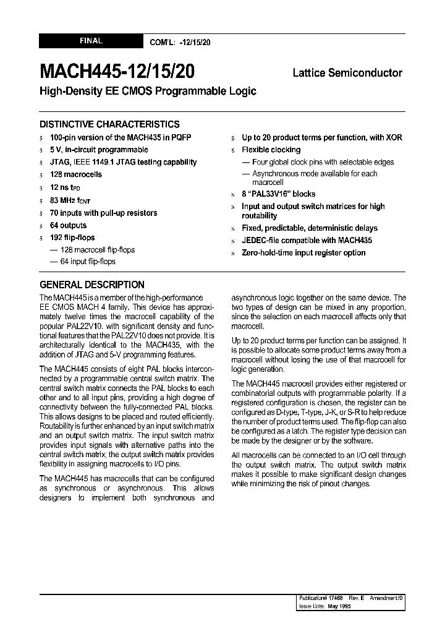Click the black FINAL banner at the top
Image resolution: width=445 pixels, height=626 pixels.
[91, 41]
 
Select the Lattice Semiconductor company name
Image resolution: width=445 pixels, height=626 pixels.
[347, 73]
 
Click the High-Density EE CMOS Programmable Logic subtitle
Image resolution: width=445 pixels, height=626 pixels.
[148, 91]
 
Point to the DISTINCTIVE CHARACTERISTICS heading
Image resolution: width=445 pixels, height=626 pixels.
[109, 124]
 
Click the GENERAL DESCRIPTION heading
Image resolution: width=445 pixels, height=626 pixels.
[92, 285]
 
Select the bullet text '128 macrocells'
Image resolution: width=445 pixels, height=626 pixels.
[75, 175]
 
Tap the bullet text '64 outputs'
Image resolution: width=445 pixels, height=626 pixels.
[68, 225]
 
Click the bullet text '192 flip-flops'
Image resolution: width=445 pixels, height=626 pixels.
[72, 238]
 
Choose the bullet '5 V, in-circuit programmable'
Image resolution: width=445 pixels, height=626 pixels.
[99, 150]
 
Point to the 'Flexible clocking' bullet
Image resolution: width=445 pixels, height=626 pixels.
[271, 150]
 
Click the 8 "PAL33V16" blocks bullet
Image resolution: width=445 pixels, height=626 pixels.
[278, 194]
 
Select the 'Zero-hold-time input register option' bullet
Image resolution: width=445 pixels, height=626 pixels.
[303, 253]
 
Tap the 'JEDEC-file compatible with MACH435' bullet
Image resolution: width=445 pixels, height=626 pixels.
[307, 241]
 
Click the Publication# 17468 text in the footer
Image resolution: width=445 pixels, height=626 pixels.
[320, 599]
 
